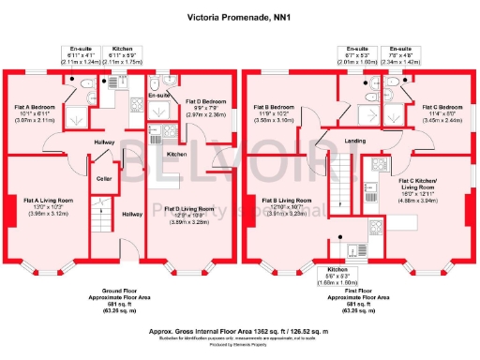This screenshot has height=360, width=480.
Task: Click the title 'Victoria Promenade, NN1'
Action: [239, 16]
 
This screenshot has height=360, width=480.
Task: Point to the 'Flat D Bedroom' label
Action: [204, 101]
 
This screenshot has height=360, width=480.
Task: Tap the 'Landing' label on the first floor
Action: [355, 142]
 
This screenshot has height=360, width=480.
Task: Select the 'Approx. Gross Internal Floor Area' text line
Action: [239, 331]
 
